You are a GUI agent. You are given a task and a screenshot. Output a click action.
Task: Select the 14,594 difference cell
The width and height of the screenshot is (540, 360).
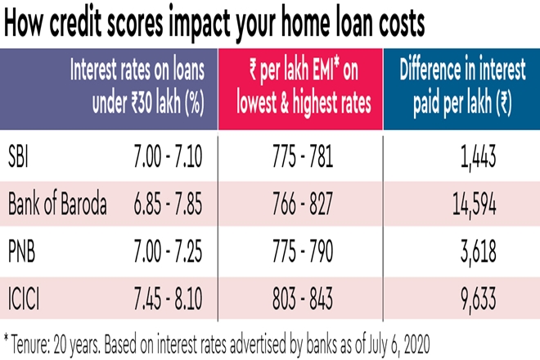473,205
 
